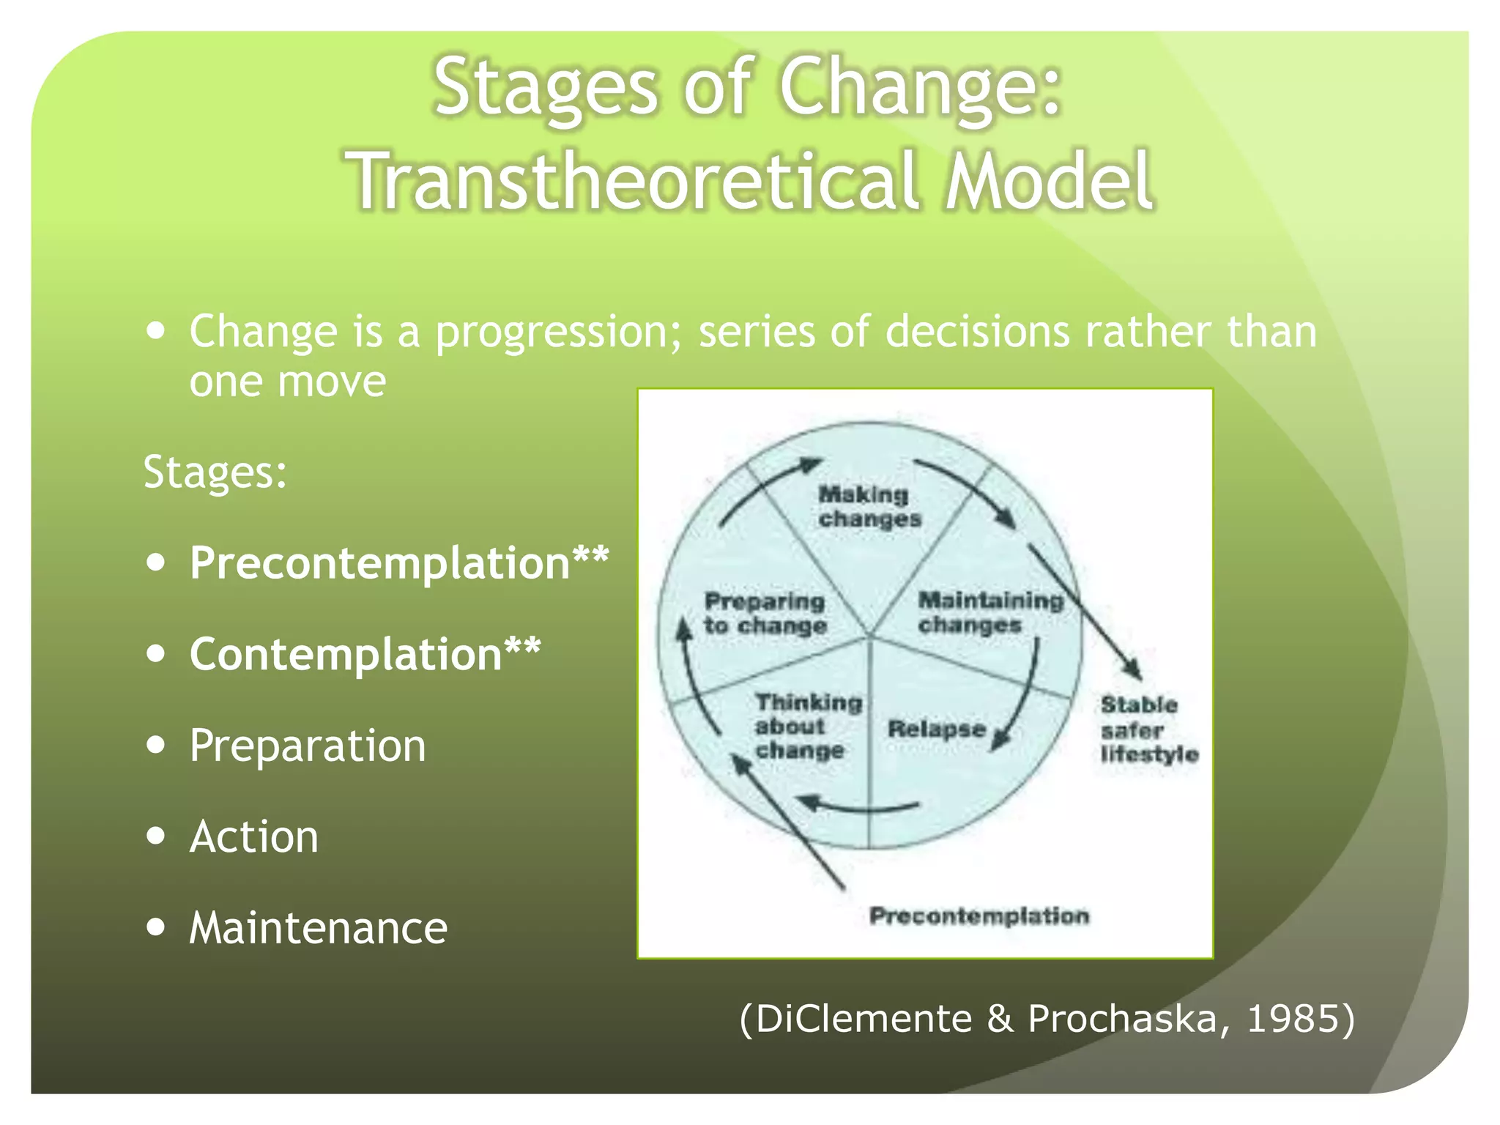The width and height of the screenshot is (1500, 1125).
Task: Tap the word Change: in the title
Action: pos(919,88)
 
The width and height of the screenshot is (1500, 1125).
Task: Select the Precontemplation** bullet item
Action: pos(398,563)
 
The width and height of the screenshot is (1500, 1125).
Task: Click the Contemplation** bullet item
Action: pos(365,654)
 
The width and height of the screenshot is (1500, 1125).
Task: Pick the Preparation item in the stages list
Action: pos(307,746)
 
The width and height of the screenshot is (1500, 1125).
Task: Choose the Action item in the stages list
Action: pos(253,836)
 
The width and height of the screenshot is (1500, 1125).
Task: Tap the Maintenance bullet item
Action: pos(318,928)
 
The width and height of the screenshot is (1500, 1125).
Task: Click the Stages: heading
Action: pos(215,472)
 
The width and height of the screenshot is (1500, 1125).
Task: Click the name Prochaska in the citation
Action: pos(1121,1019)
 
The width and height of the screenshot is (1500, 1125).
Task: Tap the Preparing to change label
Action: pos(765,614)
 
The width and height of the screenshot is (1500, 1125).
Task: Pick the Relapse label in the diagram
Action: pos(935,729)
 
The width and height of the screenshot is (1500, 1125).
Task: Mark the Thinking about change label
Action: pos(807,727)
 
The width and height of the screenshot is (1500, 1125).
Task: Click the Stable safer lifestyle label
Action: pos(1148,729)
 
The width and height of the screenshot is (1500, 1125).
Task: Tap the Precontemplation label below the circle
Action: pos(979,916)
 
